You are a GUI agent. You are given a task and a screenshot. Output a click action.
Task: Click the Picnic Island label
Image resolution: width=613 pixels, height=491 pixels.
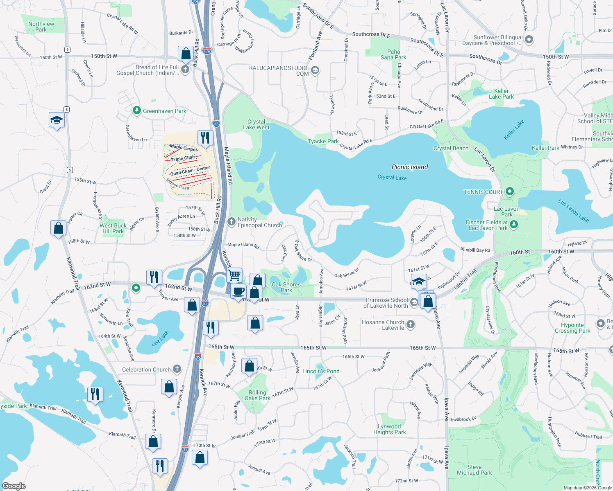click(x=410, y=167)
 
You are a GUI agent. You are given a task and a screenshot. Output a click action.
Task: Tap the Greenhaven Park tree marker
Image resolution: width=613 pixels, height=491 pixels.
click(x=137, y=110)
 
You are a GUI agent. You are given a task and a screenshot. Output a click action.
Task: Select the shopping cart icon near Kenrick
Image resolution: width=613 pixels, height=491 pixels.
click(x=234, y=275)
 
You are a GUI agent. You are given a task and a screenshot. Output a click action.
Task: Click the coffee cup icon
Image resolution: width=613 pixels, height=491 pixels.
click(x=238, y=291)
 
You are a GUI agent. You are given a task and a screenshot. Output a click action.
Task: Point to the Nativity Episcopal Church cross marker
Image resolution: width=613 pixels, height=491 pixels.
click(x=232, y=222)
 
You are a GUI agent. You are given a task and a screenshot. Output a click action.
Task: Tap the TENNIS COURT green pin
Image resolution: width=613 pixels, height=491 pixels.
click(x=510, y=191)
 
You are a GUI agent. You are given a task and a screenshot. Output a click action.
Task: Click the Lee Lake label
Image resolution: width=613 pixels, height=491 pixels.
click(x=160, y=338)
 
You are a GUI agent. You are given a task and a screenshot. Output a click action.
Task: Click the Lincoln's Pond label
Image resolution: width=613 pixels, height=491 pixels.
click(x=321, y=371)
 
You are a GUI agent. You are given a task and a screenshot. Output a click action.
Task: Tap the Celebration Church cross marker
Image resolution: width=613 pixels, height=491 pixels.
click(x=177, y=369)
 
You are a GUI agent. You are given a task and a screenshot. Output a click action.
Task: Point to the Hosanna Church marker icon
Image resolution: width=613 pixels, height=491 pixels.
click(x=411, y=324)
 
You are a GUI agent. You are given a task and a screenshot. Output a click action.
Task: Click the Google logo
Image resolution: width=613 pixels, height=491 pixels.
click(x=14, y=486)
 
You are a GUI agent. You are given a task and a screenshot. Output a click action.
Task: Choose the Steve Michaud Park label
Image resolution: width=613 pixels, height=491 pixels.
click(x=475, y=470)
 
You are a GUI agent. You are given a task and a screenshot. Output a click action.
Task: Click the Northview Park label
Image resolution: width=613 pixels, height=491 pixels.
click(x=41, y=27)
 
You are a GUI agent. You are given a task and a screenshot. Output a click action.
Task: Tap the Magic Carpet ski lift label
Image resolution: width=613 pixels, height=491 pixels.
click(x=183, y=148)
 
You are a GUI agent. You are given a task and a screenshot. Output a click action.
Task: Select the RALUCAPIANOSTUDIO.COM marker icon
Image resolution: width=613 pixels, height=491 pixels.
click(x=315, y=71)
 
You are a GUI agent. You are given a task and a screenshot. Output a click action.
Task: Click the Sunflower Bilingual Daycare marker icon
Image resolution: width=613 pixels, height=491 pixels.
click(x=529, y=40)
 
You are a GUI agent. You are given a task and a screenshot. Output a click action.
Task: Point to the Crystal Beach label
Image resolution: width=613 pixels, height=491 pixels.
click(x=451, y=148)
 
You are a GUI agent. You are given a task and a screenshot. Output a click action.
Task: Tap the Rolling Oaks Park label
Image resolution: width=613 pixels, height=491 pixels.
click(x=257, y=395)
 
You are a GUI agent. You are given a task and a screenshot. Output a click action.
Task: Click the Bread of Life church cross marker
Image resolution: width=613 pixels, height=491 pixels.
click(x=185, y=70)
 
